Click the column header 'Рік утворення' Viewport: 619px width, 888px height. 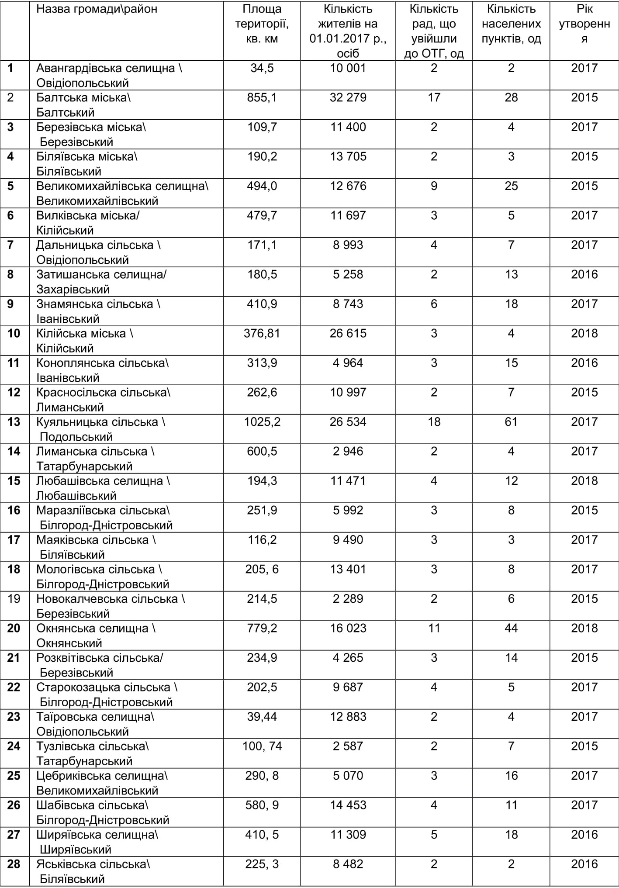click(x=584, y=24)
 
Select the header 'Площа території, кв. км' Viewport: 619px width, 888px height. click(x=262, y=24)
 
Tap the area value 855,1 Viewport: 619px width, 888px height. click(x=262, y=97)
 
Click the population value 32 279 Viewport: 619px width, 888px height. click(x=348, y=97)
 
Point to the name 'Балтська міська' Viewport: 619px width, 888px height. click(x=83, y=97)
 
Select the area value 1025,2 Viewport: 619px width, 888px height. click(x=262, y=422)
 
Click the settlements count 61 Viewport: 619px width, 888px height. click(x=511, y=422)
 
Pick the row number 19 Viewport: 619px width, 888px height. click(x=14, y=599)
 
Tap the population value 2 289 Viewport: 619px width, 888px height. click(x=348, y=599)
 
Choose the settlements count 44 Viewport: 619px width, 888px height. click(x=511, y=629)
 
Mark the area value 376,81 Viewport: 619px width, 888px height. click(x=262, y=334)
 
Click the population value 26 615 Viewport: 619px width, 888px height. click(x=348, y=334)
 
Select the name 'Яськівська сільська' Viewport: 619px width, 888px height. click(x=93, y=864)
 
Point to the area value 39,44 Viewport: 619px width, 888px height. click(x=262, y=717)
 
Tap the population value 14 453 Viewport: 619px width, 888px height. click(x=348, y=805)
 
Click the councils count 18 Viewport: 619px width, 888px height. click(x=434, y=422)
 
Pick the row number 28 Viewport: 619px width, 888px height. click(x=14, y=864)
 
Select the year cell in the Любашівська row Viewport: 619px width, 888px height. click(x=584, y=481)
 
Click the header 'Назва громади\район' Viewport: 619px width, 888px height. click(x=97, y=9)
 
